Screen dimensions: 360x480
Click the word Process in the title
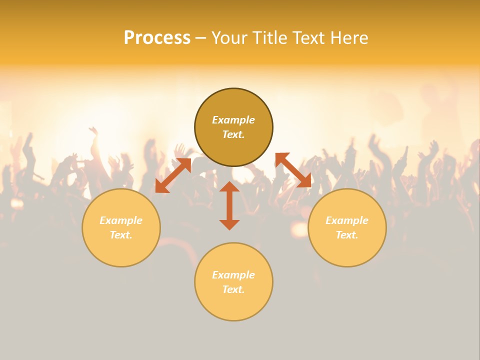157,37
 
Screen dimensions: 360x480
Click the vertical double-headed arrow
229,205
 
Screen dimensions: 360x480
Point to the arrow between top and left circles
173,175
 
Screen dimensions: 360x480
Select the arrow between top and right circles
293,170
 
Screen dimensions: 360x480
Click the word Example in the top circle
233,120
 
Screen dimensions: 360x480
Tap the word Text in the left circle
121,235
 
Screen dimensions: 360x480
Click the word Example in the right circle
347,220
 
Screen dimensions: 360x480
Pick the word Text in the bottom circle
233,289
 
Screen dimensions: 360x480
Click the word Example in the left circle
121,220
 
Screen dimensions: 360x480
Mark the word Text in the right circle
347,235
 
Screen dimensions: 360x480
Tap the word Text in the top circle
233,134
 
